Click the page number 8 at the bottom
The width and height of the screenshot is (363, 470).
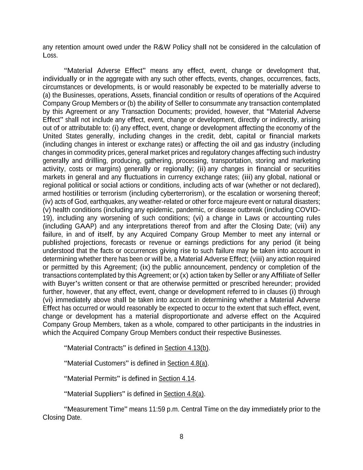[181, 437]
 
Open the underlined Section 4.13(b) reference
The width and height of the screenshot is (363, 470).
[187, 348]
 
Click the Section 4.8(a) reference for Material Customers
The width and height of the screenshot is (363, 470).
[188, 363]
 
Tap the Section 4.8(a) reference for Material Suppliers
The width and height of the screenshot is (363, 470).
[184, 394]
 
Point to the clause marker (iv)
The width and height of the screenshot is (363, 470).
[47, 201]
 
